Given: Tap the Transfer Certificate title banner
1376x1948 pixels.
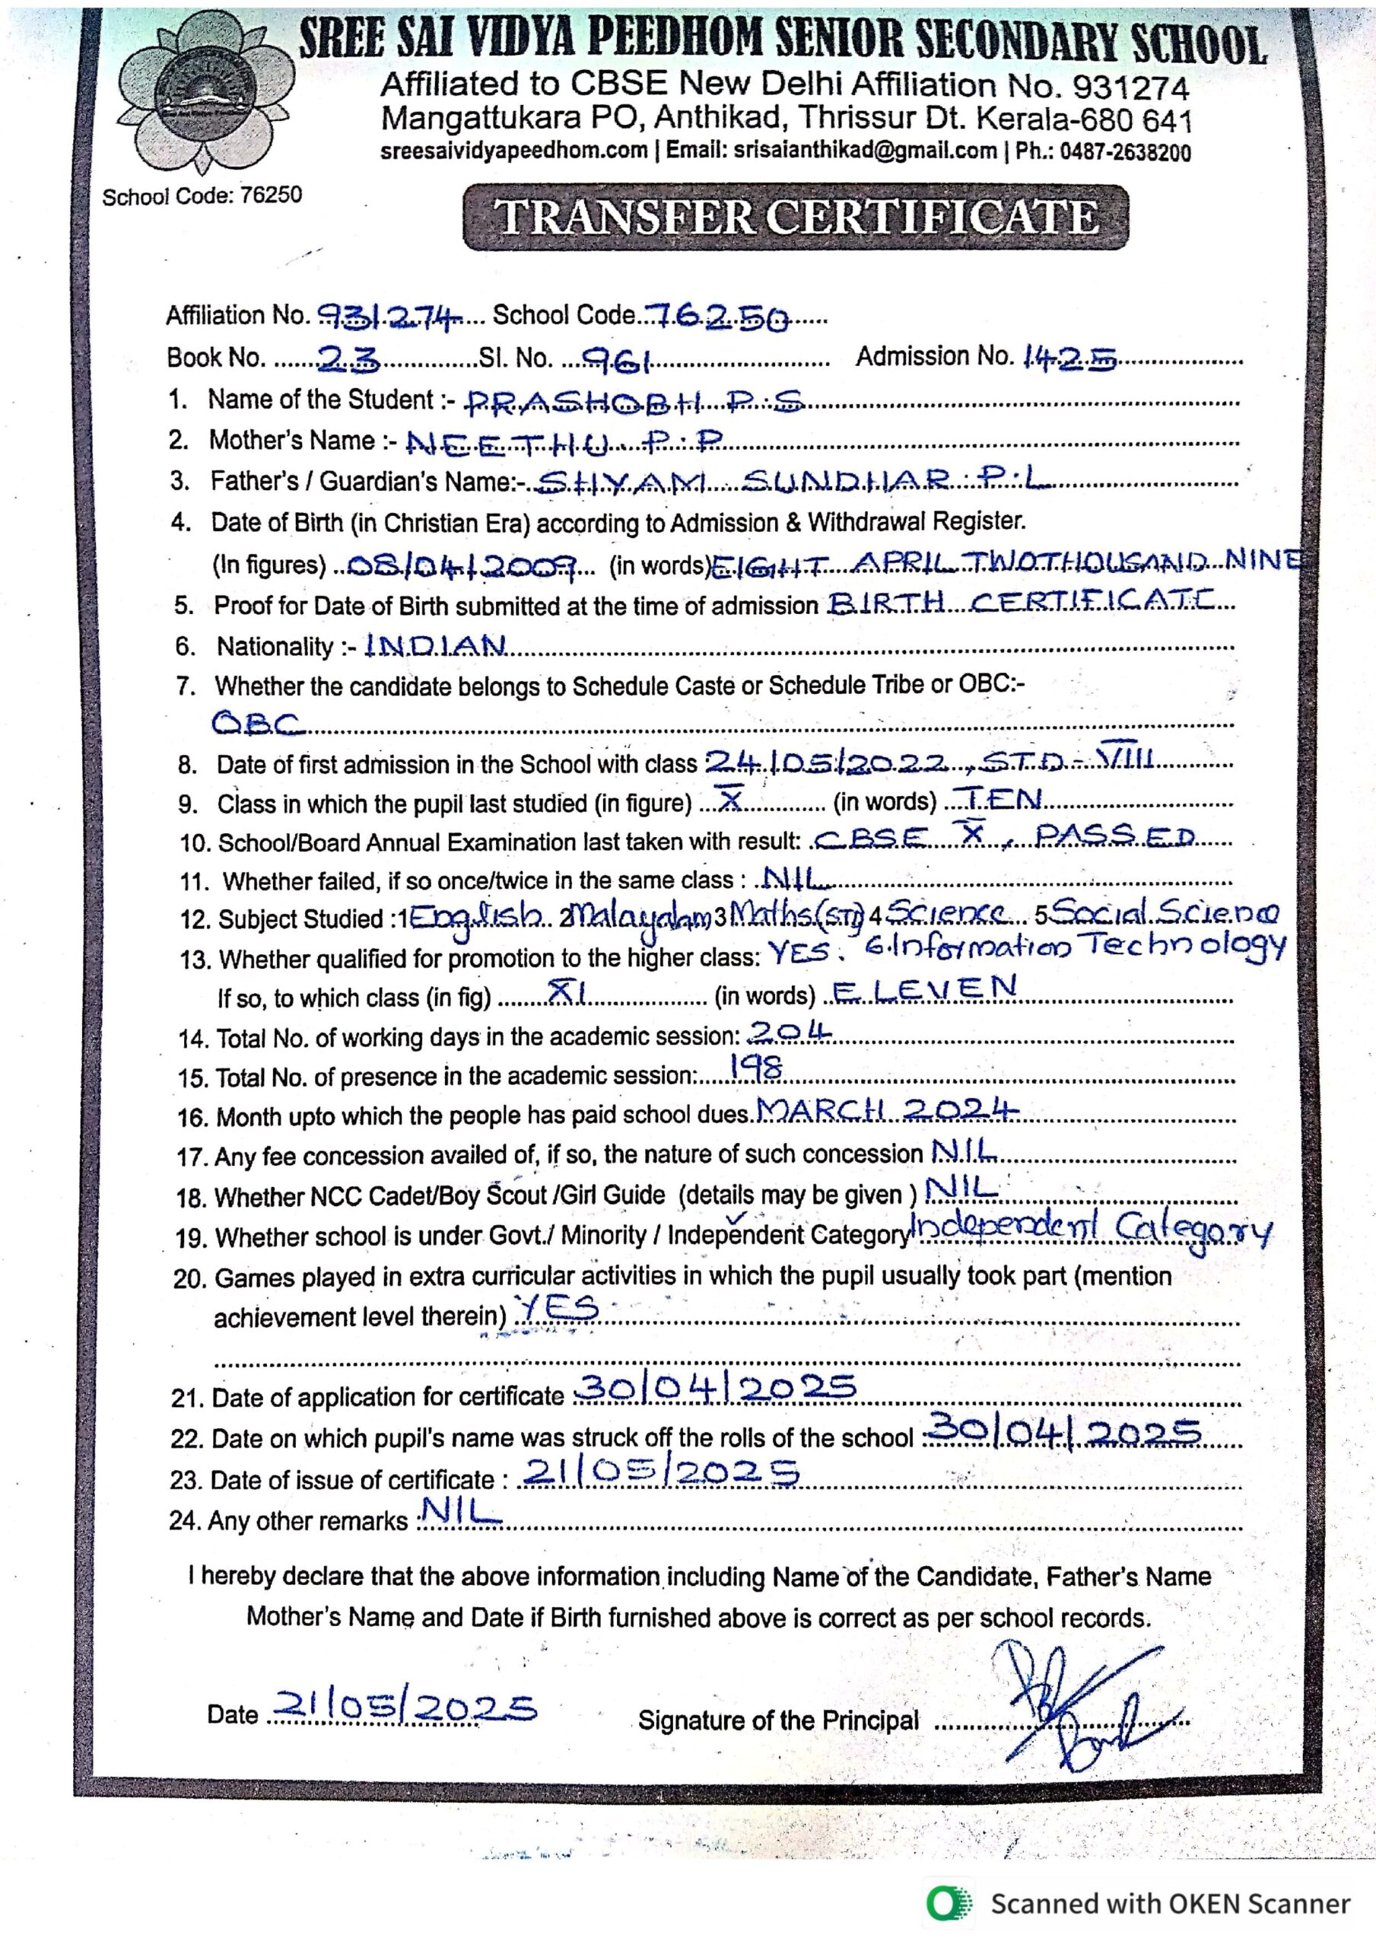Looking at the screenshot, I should pos(795,218).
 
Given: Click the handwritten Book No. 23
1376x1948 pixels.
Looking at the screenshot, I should pos(348,361).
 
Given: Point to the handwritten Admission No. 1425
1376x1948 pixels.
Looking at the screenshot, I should pos(1069,360).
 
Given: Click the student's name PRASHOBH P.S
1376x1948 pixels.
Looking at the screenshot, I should pos(636,404).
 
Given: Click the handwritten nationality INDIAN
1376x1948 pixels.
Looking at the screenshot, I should pos(436,647).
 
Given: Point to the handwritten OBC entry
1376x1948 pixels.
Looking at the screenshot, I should pos(258,724).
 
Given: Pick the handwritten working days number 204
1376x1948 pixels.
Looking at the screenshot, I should pos(790,1030).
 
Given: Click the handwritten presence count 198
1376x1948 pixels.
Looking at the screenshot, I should pos(757,1070).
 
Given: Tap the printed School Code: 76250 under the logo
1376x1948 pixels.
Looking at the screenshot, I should pos(202,196).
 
